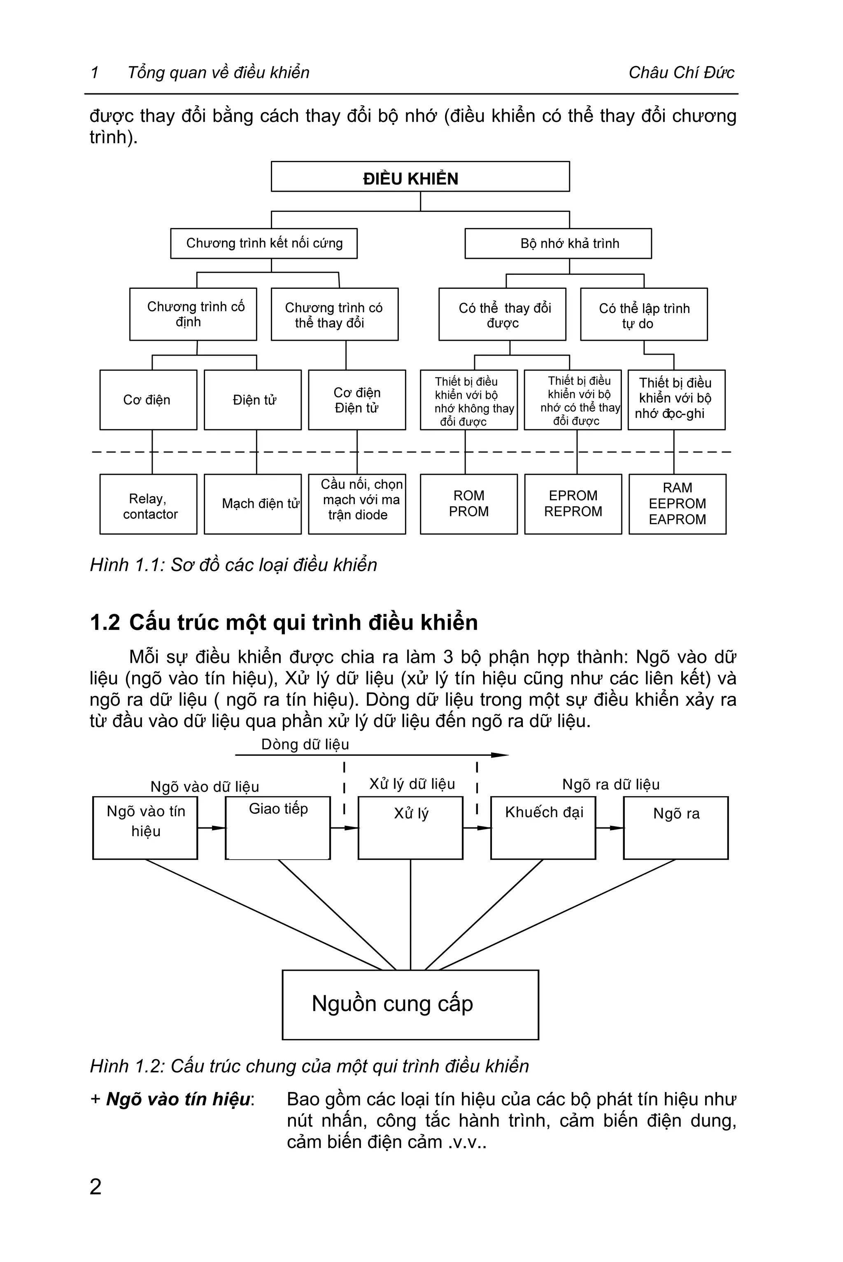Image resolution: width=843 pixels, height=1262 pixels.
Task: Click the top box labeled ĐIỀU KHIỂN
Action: (x=420, y=177)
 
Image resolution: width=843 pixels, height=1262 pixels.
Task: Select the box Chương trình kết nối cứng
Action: (x=263, y=244)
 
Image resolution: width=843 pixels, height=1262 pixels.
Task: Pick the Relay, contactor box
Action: (x=148, y=504)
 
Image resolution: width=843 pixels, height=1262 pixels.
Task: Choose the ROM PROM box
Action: (x=468, y=504)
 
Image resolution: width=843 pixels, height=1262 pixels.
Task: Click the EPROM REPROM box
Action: (x=573, y=504)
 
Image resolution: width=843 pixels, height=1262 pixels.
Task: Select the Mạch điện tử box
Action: (x=252, y=504)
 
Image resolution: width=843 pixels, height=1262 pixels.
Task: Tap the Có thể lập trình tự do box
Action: (x=643, y=314)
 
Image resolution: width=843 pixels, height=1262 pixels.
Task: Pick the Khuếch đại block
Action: (x=543, y=828)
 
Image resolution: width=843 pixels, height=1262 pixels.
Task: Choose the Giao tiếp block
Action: (x=277, y=828)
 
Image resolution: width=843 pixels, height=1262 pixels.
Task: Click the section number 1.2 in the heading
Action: (x=105, y=623)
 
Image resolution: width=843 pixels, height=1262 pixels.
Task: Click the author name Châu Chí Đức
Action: (x=681, y=72)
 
